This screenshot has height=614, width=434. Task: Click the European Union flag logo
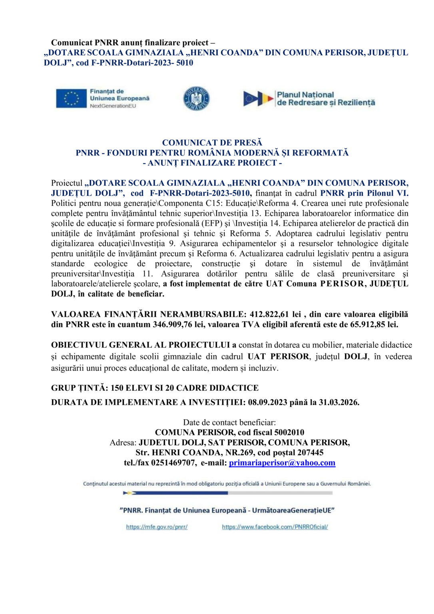(x=71, y=98)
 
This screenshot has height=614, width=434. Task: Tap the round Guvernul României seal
(x=196, y=98)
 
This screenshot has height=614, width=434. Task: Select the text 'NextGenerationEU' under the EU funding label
(x=113, y=106)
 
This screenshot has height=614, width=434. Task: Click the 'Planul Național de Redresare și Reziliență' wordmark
(x=326, y=99)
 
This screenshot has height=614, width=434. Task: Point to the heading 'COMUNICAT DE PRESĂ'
(x=212, y=143)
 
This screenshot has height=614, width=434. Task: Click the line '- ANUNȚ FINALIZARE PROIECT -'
(x=212, y=163)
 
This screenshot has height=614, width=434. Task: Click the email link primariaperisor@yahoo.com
(x=282, y=463)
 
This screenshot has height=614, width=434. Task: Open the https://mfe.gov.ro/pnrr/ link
(x=157, y=527)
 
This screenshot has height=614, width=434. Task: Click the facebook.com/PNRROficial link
(x=275, y=527)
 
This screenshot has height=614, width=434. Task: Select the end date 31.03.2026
(x=338, y=402)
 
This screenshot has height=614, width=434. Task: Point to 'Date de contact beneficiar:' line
(x=229, y=423)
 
